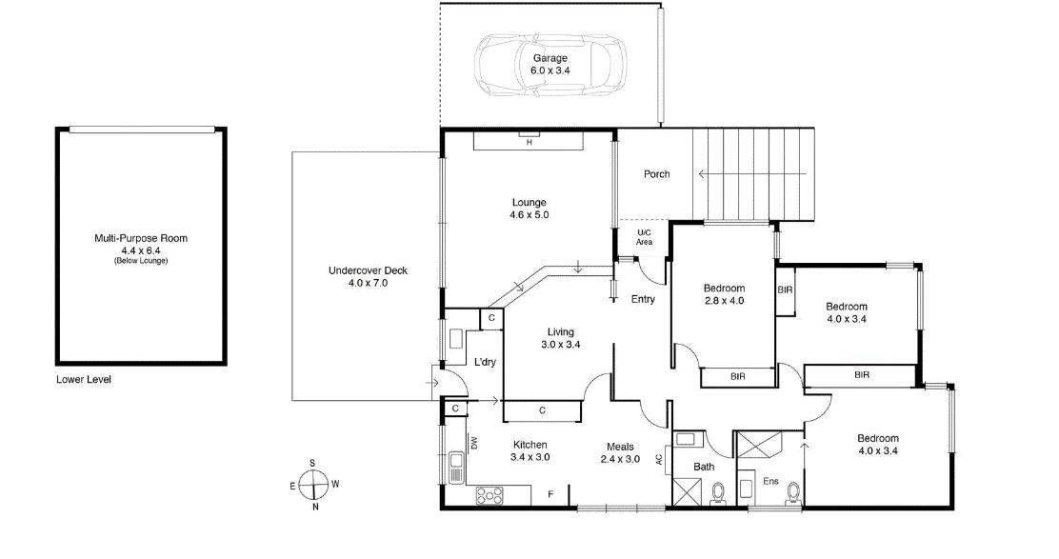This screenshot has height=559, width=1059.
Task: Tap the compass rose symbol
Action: point(312,485)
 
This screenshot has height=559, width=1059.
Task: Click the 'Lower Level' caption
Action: point(84,379)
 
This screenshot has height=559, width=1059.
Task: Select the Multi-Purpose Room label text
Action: point(141,238)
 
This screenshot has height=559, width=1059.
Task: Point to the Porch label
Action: point(656,174)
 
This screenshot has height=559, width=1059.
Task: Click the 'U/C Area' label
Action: point(644,238)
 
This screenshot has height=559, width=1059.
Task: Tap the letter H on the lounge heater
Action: point(529,143)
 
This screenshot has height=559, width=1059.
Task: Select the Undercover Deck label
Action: point(368,270)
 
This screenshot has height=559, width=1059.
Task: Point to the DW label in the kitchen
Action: point(472,443)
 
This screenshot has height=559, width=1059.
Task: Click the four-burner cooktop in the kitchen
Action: point(490,494)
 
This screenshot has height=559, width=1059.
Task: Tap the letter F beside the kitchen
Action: point(550,493)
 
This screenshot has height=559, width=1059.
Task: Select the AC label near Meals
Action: point(658,459)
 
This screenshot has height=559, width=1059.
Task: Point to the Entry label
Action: point(643,300)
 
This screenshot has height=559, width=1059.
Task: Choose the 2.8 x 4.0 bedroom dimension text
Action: point(724,301)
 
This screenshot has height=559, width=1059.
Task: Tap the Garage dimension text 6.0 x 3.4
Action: point(549,70)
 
